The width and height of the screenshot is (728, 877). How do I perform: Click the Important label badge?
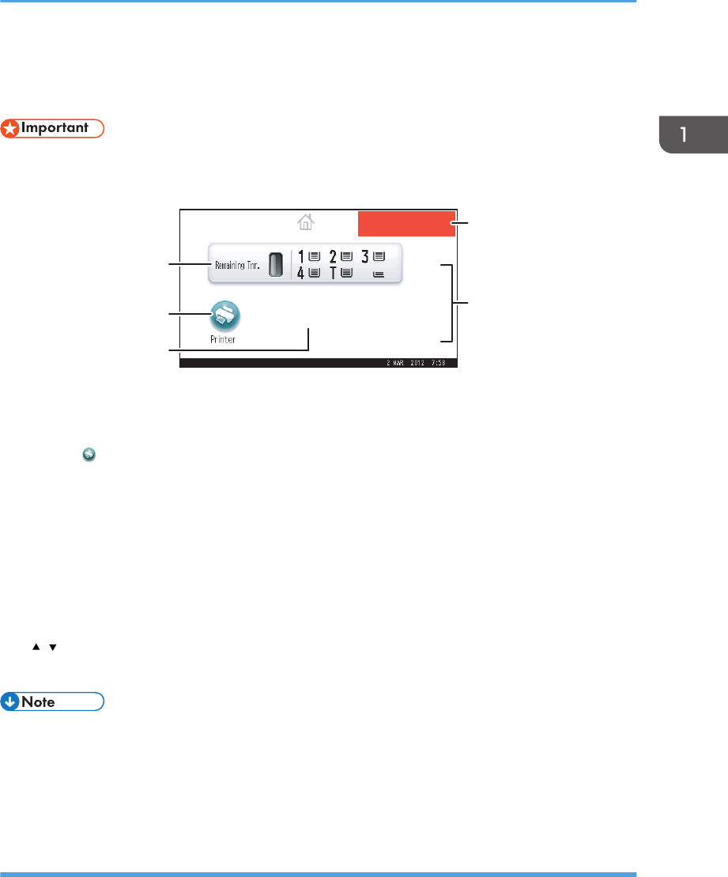coord(52,129)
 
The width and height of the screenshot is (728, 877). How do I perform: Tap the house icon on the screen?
coord(306,223)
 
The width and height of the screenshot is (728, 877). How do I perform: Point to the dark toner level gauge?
coord(274,264)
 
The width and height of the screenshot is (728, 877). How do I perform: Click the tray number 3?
coord(366,256)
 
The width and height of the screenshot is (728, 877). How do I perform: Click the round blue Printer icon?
coord(225,316)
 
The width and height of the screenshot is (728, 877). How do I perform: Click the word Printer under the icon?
coord(223,338)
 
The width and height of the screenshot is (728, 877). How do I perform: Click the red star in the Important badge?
coord(9,129)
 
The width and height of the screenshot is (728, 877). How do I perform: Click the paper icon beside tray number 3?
coord(379,256)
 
